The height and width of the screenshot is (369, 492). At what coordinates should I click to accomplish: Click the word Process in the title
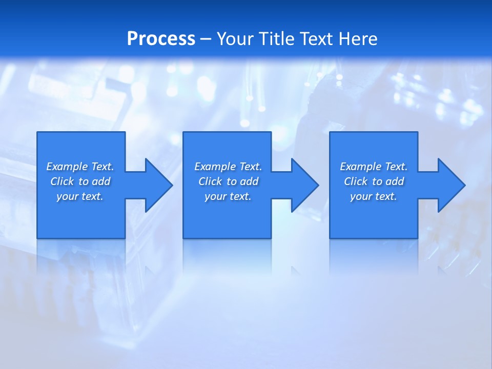tap(161, 39)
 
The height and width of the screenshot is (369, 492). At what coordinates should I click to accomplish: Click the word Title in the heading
tap(275, 39)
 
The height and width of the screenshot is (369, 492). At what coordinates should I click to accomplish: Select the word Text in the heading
tap(316, 39)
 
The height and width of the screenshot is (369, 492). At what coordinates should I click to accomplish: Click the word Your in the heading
tap(235, 39)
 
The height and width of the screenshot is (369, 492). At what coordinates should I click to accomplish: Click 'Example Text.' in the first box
tap(80, 167)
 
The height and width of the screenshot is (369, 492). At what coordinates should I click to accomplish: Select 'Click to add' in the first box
tap(80, 181)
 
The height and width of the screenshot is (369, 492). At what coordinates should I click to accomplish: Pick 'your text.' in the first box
tap(80, 196)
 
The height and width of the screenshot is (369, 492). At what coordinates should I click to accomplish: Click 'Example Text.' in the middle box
tap(228, 167)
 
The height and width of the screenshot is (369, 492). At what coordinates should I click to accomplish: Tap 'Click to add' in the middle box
tap(228, 181)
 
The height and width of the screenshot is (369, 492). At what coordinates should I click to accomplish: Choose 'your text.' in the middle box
tap(228, 196)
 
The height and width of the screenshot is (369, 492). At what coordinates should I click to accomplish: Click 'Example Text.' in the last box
tap(374, 167)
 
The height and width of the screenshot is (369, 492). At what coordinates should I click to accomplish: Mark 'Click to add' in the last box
tap(374, 181)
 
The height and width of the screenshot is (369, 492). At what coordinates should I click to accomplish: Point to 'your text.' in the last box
tap(374, 196)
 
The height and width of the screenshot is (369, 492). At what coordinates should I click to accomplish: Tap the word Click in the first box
tap(62, 181)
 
